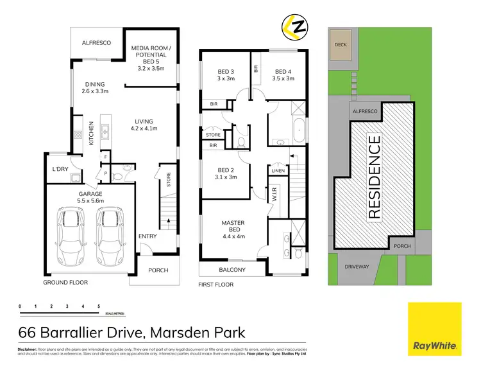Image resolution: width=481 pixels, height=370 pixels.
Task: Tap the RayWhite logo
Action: point(435,328)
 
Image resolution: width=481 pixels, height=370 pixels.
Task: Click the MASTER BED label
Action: point(233,227)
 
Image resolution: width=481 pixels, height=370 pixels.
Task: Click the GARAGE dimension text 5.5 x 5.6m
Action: point(90,200)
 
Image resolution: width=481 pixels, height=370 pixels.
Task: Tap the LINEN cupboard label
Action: point(277,170)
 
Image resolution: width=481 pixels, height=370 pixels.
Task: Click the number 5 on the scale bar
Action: point(98,306)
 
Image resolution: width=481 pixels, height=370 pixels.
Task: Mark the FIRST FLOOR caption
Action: point(216,283)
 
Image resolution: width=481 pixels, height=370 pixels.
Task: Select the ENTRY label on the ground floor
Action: point(148,236)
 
